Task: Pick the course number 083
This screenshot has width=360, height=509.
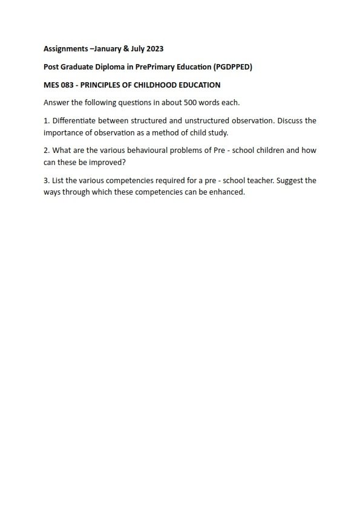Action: coord(70,85)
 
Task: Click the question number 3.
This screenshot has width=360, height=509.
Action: coord(47,180)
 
